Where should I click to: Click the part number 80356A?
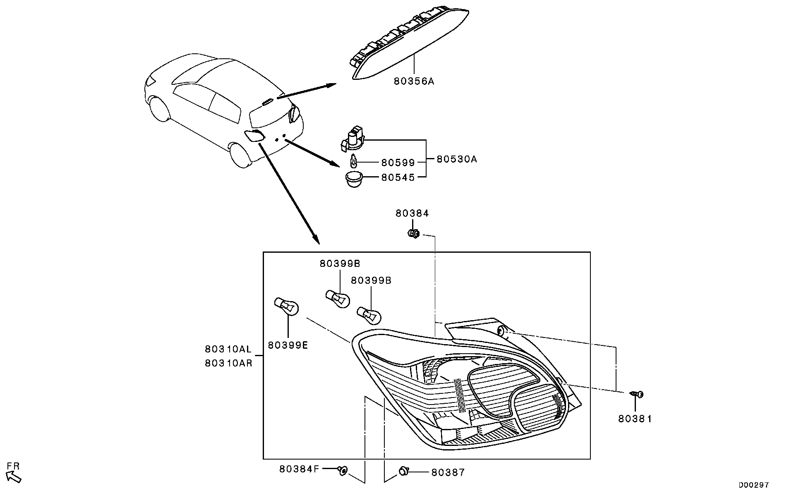[414, 81]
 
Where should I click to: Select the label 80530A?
[457, 159]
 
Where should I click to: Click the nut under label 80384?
[413, 234]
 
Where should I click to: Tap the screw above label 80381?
[637, 394]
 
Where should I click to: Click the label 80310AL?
[228, 349]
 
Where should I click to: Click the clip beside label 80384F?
[342, 470]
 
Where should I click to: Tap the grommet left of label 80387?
[403, 470]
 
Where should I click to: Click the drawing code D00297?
[754, 484]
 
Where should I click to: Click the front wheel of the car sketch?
[159, 109]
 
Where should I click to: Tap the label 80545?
[398, 177]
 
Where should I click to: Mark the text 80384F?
[299, 469]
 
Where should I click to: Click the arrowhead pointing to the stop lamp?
[331, 85]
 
